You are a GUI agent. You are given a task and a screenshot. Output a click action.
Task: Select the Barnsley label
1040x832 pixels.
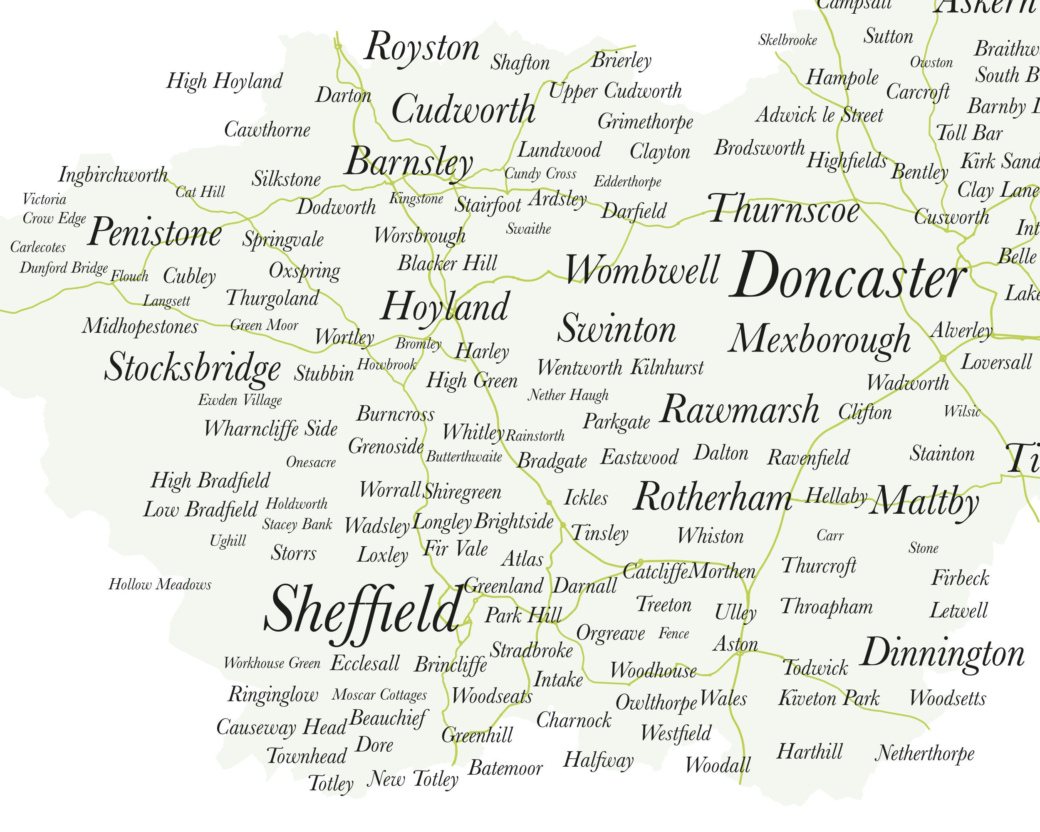(x=409, y=163)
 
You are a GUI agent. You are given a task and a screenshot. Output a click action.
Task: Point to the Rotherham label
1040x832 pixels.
(x=713, y=497)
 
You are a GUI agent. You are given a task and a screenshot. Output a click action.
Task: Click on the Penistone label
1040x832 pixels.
(x=154, y=233)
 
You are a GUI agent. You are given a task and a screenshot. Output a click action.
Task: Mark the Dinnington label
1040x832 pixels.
(x=942, y=653)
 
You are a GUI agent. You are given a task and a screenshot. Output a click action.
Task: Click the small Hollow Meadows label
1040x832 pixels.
(x=160, y=584)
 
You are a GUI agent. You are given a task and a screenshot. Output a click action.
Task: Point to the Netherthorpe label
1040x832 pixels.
(x=924, y=753)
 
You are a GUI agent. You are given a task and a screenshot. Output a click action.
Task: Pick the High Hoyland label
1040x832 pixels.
(x=224, y=82)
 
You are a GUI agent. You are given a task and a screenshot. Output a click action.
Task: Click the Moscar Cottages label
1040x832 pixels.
(x=379, y=695)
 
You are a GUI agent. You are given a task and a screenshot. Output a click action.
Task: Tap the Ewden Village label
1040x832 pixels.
(x=240, y=400)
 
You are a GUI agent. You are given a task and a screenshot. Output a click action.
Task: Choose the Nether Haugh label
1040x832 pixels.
(x=568, y=395)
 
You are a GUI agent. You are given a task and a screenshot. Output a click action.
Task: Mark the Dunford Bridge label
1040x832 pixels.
(x=64, y=267)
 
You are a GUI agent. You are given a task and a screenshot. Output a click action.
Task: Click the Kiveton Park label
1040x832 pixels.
(x=828, y=698)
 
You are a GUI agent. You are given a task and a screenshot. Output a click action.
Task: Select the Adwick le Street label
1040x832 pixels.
(x=819, y=115)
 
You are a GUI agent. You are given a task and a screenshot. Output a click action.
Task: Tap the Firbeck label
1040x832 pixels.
(x=960, y=577)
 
